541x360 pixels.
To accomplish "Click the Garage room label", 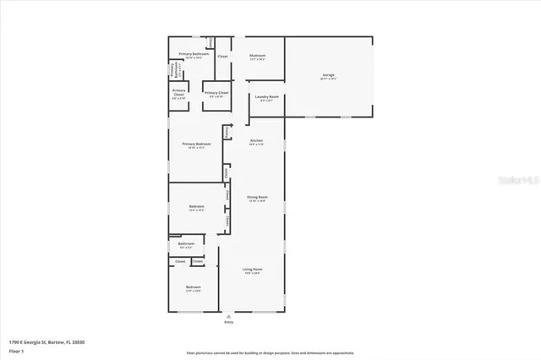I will pyautogui.click(x=329, y=75).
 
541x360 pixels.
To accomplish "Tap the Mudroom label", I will pyautogui.click(x=258, y=56).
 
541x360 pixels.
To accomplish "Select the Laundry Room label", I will pyautogui.click(x=267, y=97).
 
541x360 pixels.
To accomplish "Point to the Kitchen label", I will pyautogui.click(x=256, y=140).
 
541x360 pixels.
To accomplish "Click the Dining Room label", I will pyautogui.click(x=257, y=197).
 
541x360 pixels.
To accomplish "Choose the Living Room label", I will pyautogui.click(x=253, y=269).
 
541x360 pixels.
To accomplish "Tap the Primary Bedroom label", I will pyautogui.click(x=195, y=144).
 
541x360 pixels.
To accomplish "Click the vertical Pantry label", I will pyautogui.click(x=227, y=132).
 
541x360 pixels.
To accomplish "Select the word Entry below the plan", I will pyautogui.click(x=228, y=323).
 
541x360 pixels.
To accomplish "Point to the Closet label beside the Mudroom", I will pyautogui.click(x=222, y=56).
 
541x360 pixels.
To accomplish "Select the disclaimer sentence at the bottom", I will pyautogui.click(x=270, y=352).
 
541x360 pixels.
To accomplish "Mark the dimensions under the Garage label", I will pyautogui.click(x=329, y=79).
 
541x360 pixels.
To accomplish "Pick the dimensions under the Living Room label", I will pyautogui.click(x=253, y=273).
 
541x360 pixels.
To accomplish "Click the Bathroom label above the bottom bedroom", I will pyautogui.click(x=187, y=244).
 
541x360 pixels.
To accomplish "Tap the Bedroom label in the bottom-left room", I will pyautogui.click(x=194, y=287).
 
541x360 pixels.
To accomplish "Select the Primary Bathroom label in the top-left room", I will pyautogui.click(x=194, y=53).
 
